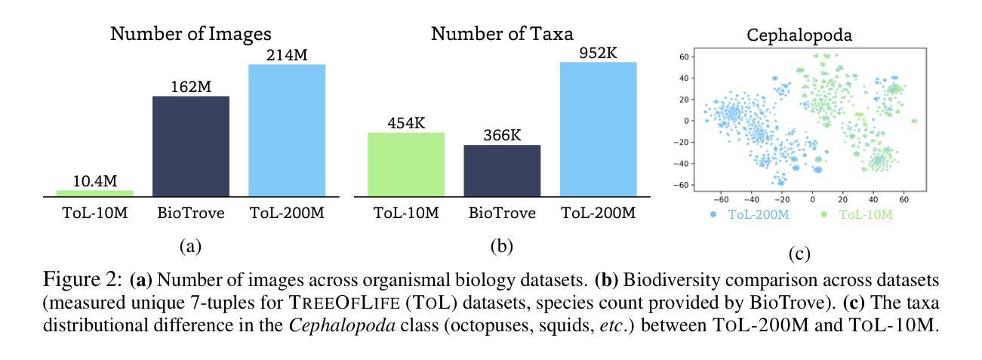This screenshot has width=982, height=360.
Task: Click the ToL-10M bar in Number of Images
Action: click(x=94, y=193)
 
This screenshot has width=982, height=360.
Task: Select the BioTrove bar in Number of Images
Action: click(x=191, y=146)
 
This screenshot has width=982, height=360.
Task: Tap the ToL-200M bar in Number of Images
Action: click(x=287, y=131)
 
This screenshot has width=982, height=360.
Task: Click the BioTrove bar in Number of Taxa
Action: click(x=502, y=171)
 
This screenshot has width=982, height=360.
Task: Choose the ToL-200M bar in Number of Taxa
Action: click(x=598, y=129)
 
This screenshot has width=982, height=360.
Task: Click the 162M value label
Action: click(x=191, y=86)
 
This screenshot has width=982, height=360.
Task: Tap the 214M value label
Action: click(x=287, y=54)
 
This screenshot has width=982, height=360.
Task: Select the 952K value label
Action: click(x=598, y=52)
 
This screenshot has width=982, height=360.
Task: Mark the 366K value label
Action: click(x=502, y=135)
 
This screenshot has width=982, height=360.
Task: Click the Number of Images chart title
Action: click(x=191, y=34)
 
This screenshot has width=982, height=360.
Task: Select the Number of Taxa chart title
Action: click(x=502, y=34)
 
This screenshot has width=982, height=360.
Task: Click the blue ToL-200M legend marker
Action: click(x=713, y=215)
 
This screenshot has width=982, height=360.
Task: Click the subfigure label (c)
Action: click(x=799, y=254)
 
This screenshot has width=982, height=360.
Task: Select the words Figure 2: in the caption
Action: click(x=82, y=281)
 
